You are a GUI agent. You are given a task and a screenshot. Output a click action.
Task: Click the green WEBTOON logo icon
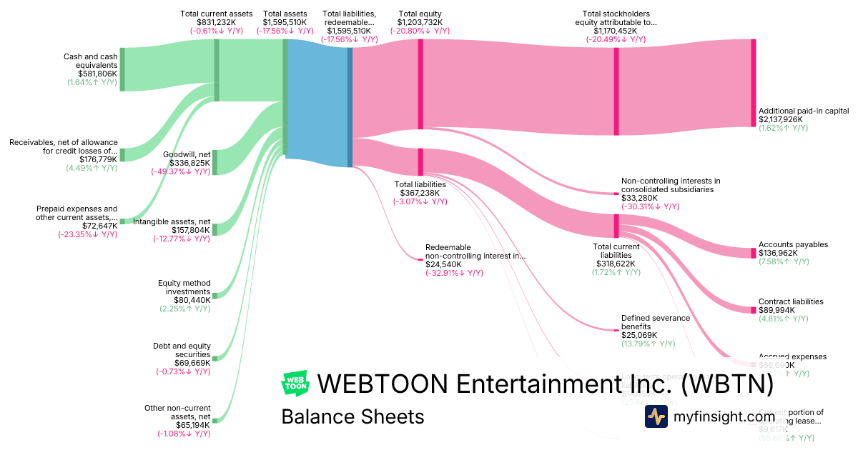pyautogui.click(x=295, y=384)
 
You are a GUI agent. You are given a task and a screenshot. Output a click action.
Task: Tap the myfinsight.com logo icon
pyautogui.click(x=656, y=416)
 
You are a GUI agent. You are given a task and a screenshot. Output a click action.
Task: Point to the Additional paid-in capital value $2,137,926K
pyautogui.click(x=784, y=119)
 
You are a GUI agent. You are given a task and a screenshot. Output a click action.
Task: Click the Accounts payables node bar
pyautogui.click(x=753, y=253)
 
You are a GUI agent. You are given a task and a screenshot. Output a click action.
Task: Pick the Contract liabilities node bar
pyautogui.click(x=753, y=310)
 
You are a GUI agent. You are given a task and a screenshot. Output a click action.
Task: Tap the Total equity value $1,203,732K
pyautogui.click(x=420, y=22)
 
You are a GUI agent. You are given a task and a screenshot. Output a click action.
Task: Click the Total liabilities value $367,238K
pyautogui.click(x=420, y=193)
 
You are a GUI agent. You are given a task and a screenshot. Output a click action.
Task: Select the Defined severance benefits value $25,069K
pyautogui.click(x=640, y=335)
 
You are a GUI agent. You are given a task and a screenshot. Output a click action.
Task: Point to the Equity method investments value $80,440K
pyautogui.click(x=187, y=300)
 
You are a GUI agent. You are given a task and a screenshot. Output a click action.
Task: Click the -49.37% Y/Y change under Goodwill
pyautogui.click(x=181, y=171)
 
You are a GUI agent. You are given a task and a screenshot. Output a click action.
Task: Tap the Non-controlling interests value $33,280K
pyautogui.click(x=640, y=198)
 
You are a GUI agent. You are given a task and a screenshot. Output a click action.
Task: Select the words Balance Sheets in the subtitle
pyautogui.click(x=352, y=416)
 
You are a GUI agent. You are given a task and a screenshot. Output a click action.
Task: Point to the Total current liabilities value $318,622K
pyautogui.click(x=615, y=264)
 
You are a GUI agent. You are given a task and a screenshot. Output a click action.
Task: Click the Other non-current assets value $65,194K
pyautogui.click(x=187, y=425)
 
